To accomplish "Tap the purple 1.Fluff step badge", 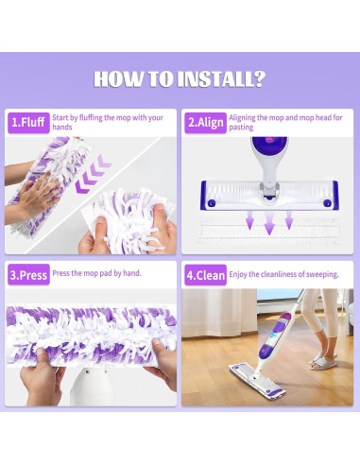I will tap(27, 122).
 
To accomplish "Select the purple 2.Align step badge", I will tap(205, 122).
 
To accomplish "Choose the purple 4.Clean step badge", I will tap(205, 277).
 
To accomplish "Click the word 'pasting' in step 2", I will tap(242, 127).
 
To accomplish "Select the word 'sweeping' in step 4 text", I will tap(319, 273).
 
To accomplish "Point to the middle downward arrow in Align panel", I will tap(269, 224).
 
